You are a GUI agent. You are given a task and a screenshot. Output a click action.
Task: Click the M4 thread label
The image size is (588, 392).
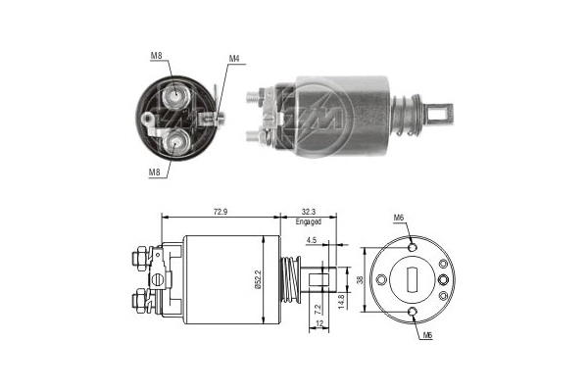pyautogui.click(x=234, y=58)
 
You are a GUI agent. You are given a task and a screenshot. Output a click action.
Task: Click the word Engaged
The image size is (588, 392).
pyautogui.click(x=309, y=222)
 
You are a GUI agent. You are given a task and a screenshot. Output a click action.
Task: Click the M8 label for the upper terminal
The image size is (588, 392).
pyautogui.click(x=157, y=56)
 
